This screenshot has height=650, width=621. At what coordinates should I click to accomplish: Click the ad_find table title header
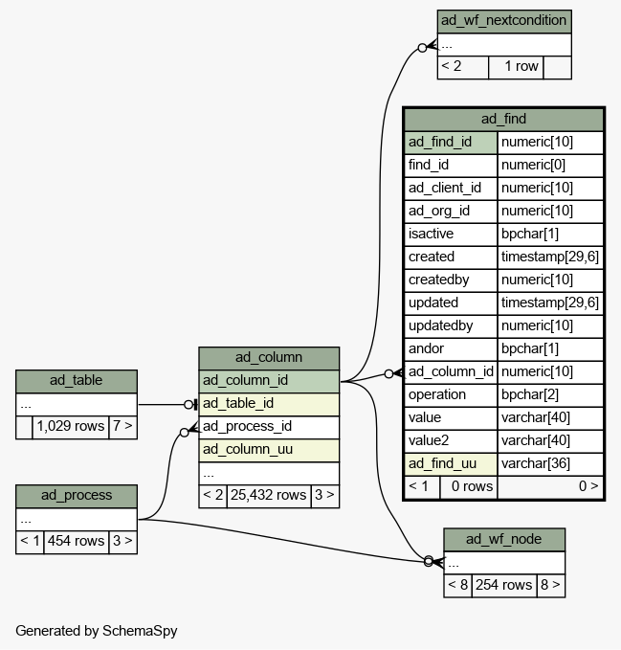[x=503, y=120]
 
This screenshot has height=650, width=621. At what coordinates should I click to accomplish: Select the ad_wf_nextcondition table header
[x=504, y=22]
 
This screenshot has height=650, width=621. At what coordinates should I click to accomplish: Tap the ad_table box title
[x=77, y=381]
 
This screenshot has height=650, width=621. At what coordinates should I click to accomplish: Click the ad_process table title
[x=77, y=496]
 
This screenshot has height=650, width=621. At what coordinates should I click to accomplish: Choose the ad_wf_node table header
[x=504, y=540]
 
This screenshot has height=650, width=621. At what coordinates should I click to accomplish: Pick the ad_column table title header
[x=269, y=358]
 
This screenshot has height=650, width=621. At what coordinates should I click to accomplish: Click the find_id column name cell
[x=451, y=166]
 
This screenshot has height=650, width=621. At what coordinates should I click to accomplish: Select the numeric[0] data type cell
[x=550, y=166]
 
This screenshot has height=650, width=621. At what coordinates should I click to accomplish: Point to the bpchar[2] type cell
[x=550, y=395]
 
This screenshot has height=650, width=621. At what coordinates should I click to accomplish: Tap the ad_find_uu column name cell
[x=451, y=464]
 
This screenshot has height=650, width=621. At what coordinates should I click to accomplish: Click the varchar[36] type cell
[x=550, y=464]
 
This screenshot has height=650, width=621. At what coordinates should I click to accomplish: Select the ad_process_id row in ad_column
[x=269, y=427]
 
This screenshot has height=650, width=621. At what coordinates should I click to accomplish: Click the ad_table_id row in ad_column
[x=269, y=404]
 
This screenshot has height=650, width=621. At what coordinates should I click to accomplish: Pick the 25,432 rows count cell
[x=269, y=495]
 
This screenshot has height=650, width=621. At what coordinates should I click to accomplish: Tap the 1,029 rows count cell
[x=71, y=427]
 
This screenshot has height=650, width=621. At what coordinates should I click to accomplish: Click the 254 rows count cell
[x=503, y=585]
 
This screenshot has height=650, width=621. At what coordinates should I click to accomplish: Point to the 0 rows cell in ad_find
[x=469, y=486]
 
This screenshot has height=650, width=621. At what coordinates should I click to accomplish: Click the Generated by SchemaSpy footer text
[x=97, y=631]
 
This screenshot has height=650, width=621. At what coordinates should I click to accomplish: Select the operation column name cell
[x=451, y=395]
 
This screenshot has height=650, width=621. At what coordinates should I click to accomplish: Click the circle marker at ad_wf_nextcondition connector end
[x=422, y=48]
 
